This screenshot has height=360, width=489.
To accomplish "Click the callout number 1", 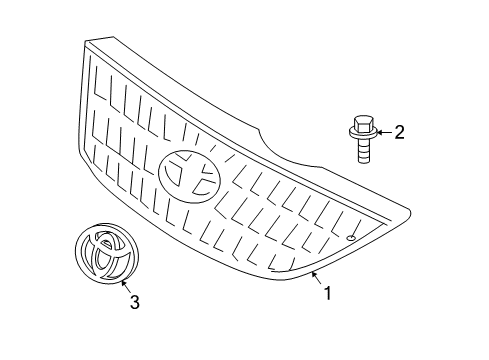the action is pyautogui.click(x=324, y=293).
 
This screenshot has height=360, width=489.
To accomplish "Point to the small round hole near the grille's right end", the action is pyautogui.click(x=352, y=238).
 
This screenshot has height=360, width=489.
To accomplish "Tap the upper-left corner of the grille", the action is pyautogui.click(x=88, y=42).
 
